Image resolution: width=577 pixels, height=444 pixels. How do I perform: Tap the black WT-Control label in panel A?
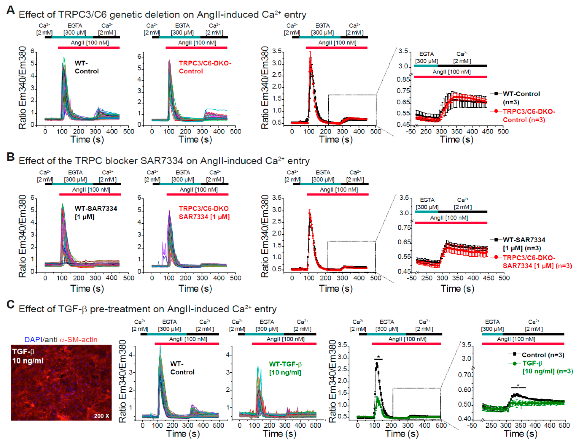point(87,67)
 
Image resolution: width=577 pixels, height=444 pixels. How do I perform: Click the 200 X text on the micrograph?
point(101,416)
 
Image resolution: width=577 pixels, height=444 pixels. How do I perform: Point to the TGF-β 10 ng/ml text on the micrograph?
point(28,356)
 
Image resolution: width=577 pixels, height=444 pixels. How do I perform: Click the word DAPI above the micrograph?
point(33,340)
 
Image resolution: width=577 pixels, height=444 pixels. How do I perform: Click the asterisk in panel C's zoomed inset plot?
point(518,386)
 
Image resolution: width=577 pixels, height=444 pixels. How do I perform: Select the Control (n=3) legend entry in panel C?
point(543,355)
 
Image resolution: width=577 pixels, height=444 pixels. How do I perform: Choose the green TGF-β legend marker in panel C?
point(514,364)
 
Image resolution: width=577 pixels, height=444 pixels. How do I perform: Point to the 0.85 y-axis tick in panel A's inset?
point(403,79)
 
